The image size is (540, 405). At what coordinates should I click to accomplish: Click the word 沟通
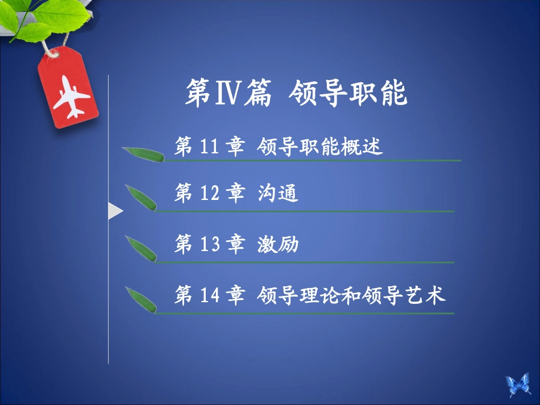tap(277, 195)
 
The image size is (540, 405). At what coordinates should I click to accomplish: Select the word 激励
tap(277, 245)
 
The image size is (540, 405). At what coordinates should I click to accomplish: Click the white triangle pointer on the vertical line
tap(115, 212)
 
